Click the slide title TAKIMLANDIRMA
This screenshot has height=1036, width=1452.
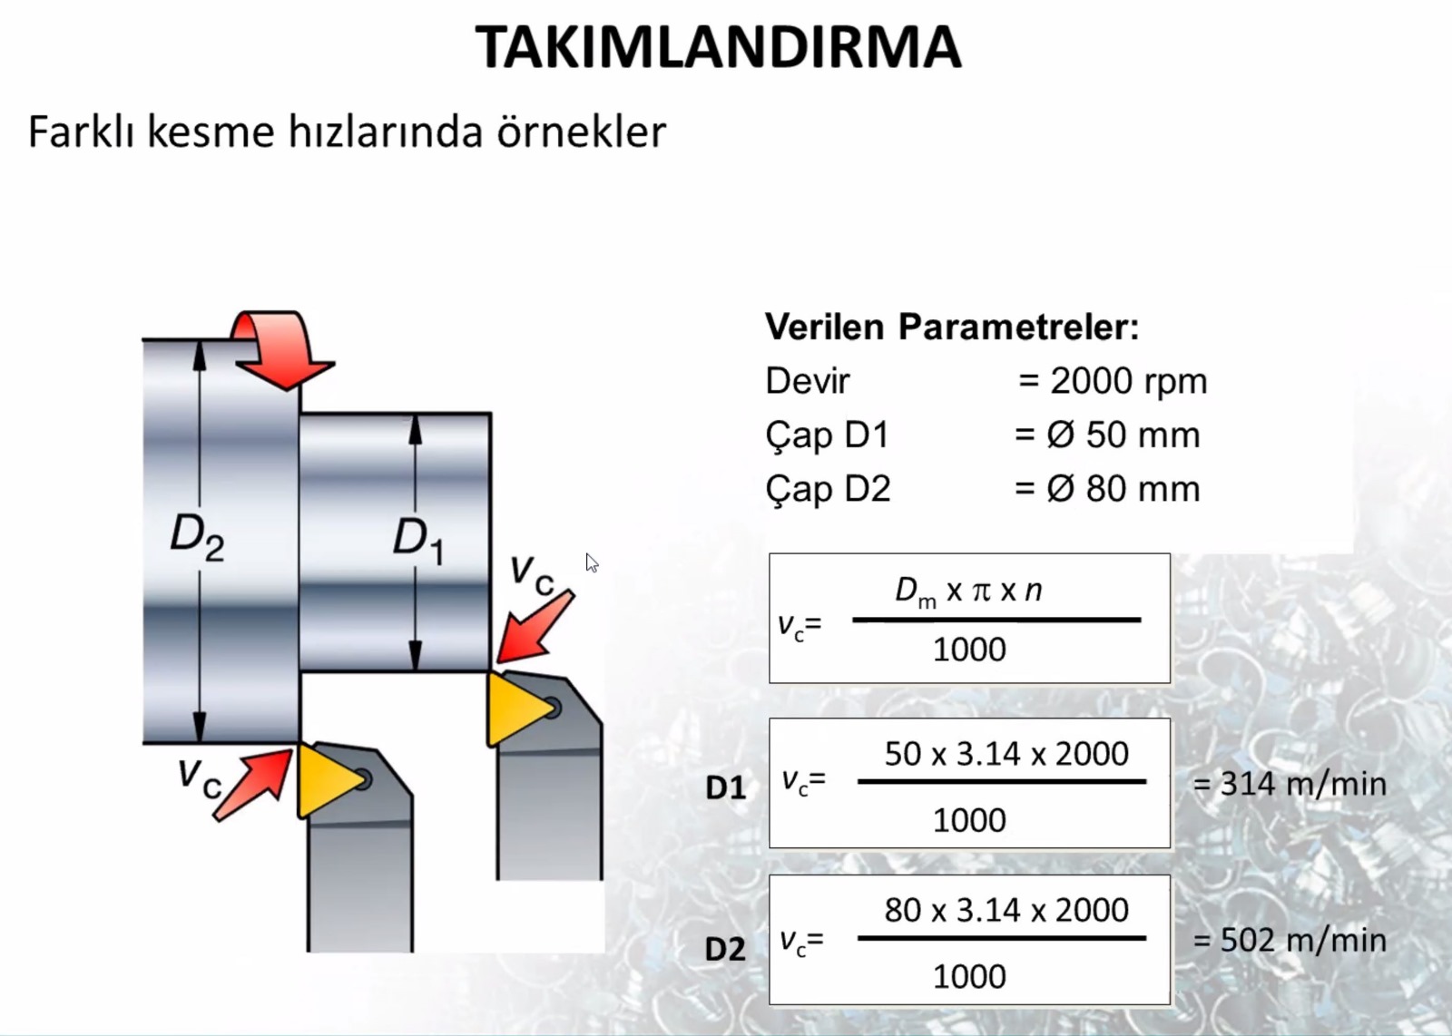[718, 46]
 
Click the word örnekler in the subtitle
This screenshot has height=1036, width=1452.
[582, 132]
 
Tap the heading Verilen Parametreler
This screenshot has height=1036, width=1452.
[952, 327]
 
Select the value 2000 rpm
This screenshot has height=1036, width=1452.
[1129, 381]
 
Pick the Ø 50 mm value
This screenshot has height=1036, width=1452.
[1123, 435]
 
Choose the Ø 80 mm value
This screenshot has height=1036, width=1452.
[1123, 489]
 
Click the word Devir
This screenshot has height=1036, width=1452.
[807, 381]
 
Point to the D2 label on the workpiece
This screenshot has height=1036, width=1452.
[197, 537]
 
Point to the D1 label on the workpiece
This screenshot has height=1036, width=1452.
[418, 542]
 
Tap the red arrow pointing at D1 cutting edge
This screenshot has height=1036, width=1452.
[535, 627]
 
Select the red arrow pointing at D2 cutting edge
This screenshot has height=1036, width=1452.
[253, 786]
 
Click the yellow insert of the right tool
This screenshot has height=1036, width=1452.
[516, 709]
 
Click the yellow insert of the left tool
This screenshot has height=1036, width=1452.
[328, 781]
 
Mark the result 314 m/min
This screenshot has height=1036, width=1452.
[1290, 784]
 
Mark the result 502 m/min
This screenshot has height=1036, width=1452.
[1290, 940]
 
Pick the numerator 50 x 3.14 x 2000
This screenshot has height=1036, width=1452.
[1006, 754]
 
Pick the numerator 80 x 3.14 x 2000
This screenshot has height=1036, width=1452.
[1006, 910]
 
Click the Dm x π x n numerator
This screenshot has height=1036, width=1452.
[968, 591]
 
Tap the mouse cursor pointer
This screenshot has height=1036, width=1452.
[591, 562]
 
